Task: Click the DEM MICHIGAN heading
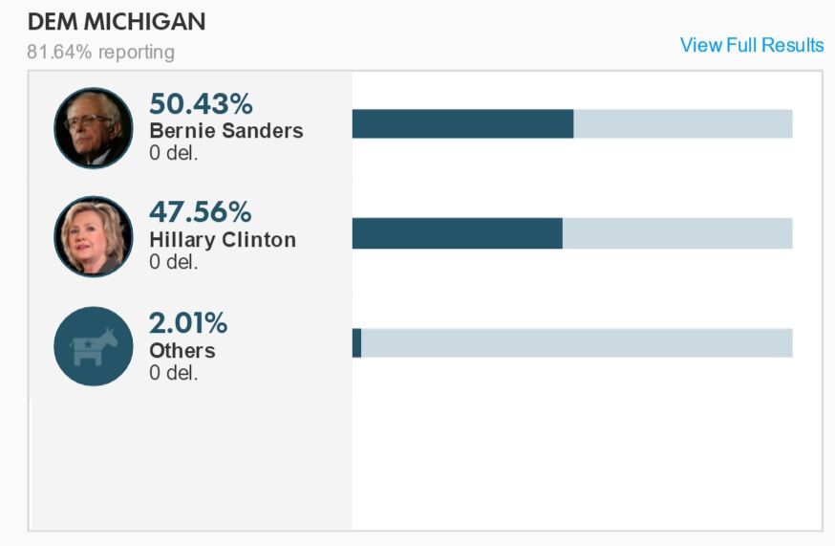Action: click(x=117, y=22)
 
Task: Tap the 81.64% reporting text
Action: click(x=100, y=52)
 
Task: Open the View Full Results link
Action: click(x=751, y=45)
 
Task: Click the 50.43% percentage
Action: click(x=201, y=104)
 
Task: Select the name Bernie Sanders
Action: click(x=225, y=131)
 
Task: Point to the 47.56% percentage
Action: click(x=200, y=212)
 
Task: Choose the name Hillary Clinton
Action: click(x=222, y=239)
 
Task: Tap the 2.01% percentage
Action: click(x=188, y=323)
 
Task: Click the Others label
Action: click(x=182, y=350)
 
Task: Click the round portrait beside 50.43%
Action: click(x=94, y=128)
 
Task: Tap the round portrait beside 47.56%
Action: click(x=94, y=236)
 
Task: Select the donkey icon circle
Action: click(x=94, y=346)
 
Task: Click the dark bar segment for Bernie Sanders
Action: click(x=462, y=124)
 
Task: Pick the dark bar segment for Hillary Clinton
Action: click(x=457, y=233)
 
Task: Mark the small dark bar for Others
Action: click(x=356, y=342)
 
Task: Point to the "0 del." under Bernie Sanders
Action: click(x=173, y=152)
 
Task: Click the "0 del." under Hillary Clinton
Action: click(x=173, y=261)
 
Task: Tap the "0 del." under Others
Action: click(x=173, y=372)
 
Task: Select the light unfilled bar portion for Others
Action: click(x=576, y=342)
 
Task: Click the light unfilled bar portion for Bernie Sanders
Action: click(x=682, y=124)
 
